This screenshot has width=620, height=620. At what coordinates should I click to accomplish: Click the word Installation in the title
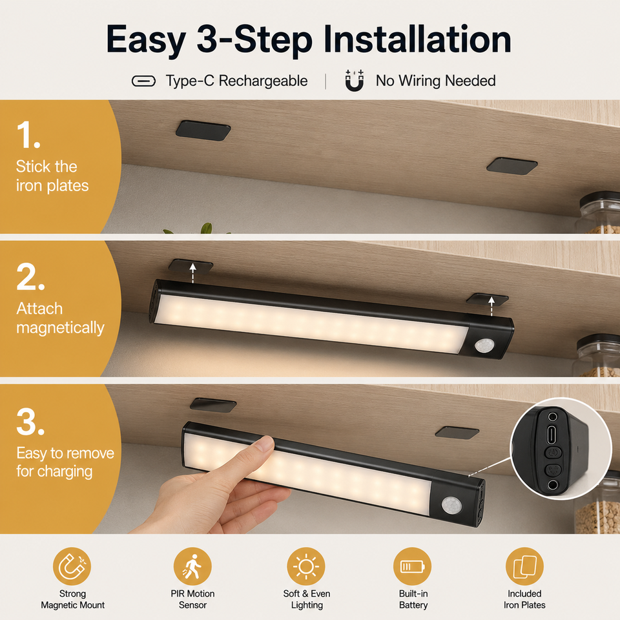[x=418, y=39]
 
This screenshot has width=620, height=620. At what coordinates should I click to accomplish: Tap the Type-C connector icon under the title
[x=143, y=81]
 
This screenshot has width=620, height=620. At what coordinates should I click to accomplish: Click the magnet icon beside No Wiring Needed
[x=355, y=81]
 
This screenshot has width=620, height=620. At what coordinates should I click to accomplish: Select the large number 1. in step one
[x=28, y=135]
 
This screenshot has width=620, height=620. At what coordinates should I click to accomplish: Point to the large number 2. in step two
[x=30, y=277]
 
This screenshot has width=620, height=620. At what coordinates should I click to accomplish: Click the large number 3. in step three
[x=30, y=422]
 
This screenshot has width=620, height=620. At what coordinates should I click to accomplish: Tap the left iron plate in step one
[x=203, y=130]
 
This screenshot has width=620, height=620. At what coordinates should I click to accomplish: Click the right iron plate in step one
[x=512, y=166]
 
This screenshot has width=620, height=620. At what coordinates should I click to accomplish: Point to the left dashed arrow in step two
[x=192, y=273]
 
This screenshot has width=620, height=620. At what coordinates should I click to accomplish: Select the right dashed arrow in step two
[x=491, y=306]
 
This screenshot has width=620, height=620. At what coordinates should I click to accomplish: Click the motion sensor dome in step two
[x=484, y=345]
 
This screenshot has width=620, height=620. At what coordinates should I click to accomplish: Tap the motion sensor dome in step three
[x=451, y=505]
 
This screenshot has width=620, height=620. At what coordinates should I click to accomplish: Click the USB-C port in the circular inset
[x=552, y=435]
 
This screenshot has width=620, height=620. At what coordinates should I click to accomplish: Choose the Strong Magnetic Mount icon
[x=72, y=566]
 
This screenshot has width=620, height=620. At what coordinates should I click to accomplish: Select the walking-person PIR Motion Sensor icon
[x=192, y=566]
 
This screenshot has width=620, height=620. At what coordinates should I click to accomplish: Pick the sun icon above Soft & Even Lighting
[x=306, y=566]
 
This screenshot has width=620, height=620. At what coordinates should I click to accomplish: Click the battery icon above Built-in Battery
[x=413, y=566]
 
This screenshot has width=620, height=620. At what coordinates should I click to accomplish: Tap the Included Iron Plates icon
[x=524, y=566]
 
